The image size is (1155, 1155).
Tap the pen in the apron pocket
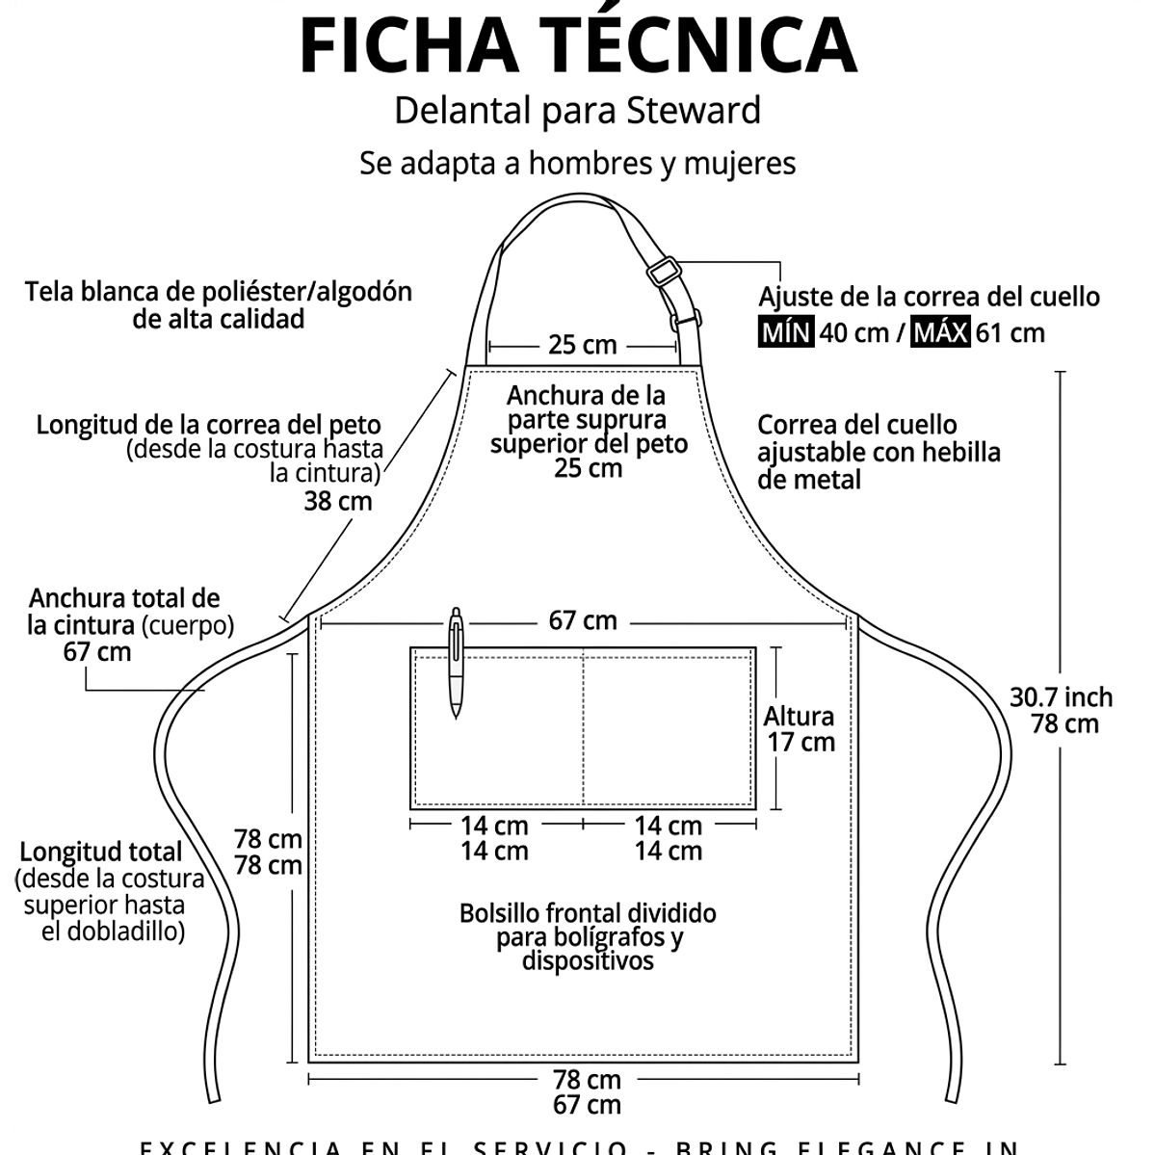456,664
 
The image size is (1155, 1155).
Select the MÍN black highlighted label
786,333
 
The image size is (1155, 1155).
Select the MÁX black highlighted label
941,333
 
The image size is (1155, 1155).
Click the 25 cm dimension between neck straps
582,345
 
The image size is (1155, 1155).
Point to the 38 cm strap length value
338,501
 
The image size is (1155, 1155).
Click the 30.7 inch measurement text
1061,696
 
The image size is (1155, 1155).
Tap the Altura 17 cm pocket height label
799,729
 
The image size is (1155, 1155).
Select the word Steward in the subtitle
694,110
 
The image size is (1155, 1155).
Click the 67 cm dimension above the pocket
583,620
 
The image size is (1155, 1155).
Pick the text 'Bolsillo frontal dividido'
588,912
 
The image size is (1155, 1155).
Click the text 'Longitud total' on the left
100,852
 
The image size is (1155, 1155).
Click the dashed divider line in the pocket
583,727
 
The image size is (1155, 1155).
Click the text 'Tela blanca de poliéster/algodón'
219,291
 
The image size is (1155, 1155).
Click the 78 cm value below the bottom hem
587,1080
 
